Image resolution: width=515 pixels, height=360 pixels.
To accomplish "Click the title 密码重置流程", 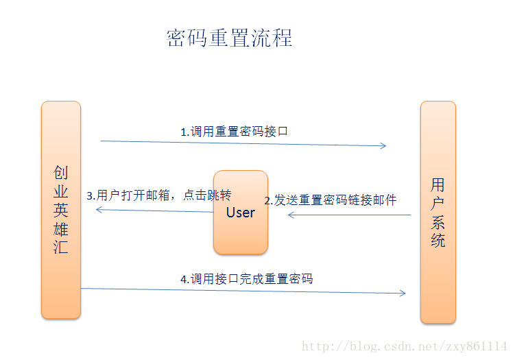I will tap(229, 37).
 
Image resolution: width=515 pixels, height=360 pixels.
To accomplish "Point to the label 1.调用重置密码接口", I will tap(234, 132).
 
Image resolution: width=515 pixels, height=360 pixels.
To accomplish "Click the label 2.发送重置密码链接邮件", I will tap(331, 200).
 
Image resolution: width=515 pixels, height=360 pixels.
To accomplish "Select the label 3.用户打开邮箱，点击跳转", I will tap(159, 195).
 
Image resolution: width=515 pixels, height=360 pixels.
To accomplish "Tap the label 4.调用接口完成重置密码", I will tap(246, 278).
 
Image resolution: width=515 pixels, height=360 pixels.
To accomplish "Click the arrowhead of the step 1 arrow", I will tap(383, 145).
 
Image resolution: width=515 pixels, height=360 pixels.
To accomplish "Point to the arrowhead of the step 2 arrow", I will tap(291, 215).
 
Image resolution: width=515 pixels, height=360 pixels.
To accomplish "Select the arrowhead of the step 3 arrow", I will tap(98, 209).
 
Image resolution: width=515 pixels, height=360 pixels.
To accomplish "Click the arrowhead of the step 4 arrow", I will tap(403, 293).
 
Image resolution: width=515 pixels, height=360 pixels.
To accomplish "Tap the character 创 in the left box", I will tap(61, 172).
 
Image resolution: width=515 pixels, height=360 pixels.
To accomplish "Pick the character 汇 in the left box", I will tap(61, 248).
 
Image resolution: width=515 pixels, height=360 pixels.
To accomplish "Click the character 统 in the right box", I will tap(438, 241).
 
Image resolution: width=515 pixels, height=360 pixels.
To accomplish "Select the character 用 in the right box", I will tap(438, 184).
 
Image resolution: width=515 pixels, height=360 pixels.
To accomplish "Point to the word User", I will tap(240, 213).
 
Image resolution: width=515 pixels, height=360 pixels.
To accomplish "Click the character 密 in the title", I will tap(177, 37).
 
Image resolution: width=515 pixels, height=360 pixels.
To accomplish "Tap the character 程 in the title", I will tap(282, 37).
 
